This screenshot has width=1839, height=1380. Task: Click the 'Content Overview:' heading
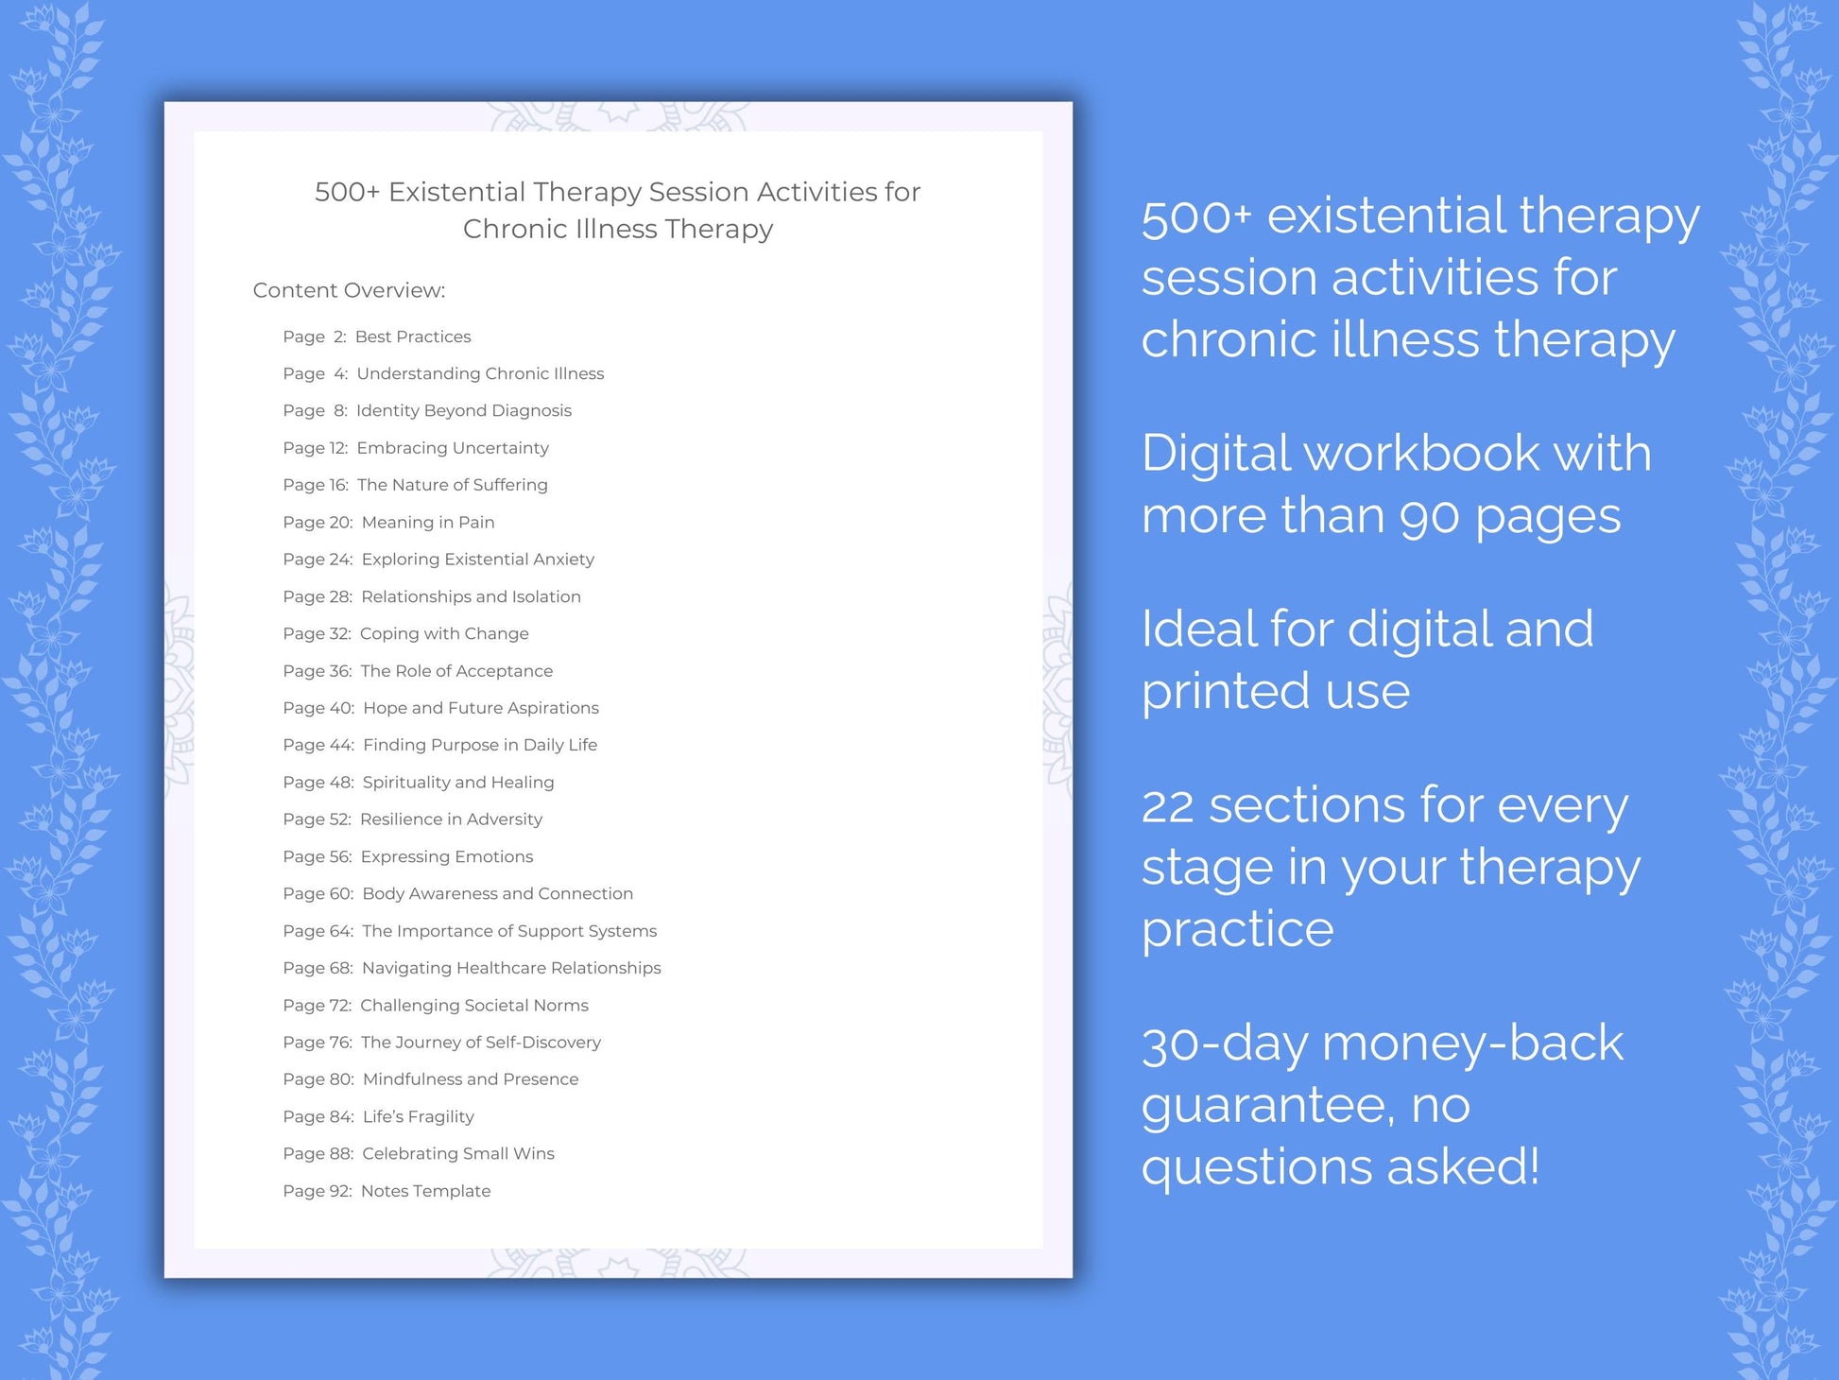point(349,290)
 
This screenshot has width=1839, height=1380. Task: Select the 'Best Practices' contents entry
point(413,336)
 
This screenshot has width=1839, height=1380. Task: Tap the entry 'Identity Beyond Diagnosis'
point(463,410)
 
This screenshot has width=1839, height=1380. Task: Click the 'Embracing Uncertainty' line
point(452,448)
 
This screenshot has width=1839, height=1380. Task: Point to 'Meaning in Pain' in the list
point(427,523)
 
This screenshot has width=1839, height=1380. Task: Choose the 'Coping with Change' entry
point(444,633)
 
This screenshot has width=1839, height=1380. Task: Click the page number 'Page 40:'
point(318,708)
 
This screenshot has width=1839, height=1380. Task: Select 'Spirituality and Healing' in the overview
point(458,783)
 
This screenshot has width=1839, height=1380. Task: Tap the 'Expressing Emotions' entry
point(446,856)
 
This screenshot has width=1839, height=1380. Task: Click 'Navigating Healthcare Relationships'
point(511,968)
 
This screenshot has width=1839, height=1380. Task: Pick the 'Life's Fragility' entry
point(418,1116)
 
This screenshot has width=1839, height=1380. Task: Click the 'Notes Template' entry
point(425,1191)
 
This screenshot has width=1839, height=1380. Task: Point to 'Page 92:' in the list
point(318,1191)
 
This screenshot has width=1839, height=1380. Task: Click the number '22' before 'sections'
point(1173,806)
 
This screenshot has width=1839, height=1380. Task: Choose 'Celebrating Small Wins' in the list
point(458,1153)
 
